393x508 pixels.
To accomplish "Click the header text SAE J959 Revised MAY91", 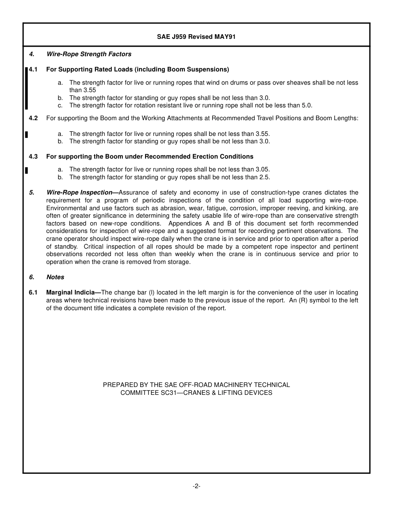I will coord(196,37).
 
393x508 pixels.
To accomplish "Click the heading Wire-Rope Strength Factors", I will coord(89,54).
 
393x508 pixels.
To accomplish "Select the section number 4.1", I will coord(33,69).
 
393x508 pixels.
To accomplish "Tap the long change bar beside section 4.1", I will coord(26,88).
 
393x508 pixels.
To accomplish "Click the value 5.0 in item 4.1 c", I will coord(307,105).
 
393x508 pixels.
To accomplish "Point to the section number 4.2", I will coord(33,118).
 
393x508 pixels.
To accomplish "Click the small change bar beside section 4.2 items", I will coord(26,134).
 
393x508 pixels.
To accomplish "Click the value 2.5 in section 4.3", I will coord(264,177).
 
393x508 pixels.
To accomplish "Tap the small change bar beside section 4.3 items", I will coord(26,170).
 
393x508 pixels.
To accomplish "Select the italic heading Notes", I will coord(55,277).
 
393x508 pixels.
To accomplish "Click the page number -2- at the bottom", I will coord(196,486).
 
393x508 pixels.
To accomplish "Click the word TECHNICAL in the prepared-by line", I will coord(269,385).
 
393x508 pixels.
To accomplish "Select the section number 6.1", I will coord(33,292).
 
